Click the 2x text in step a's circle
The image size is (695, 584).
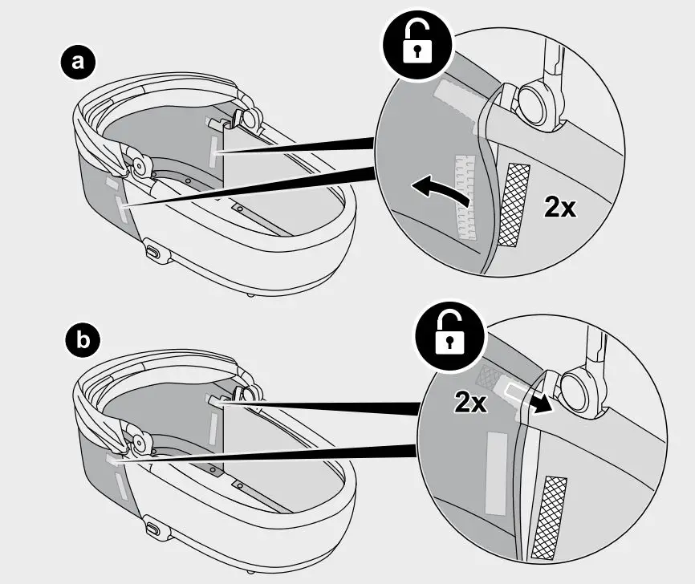pyautogui.click(x=559, y=208)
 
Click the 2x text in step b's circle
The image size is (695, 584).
pyautogui.click(x=470, y=402)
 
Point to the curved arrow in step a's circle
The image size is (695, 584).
pyautogui.click(x=440, y=189)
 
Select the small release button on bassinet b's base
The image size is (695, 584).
pyautogui.click(x=152, y=531)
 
